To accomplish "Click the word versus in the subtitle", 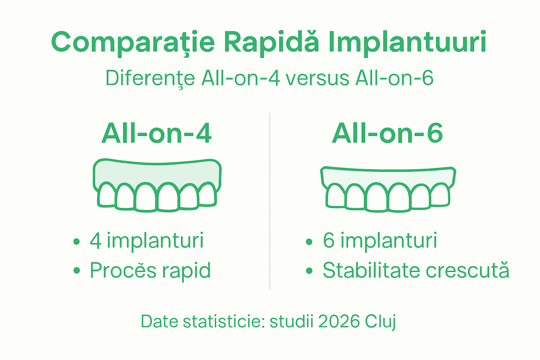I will [x=317, y=78].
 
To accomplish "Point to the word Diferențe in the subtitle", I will [x=150, y=78].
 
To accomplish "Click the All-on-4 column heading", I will [x=156, y=134].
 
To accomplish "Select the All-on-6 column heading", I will [x=387, y=134].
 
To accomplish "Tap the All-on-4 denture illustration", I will [x=157, y=185].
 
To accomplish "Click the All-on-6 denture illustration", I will [x=388, y=189].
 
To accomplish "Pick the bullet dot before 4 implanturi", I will [x=77, y=242].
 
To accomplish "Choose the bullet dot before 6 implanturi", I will [x=309, y=242].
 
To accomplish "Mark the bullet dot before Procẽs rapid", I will [x=77, y=271].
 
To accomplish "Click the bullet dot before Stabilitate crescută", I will [x=309, y=271].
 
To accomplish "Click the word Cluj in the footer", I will [x=380, y=322].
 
